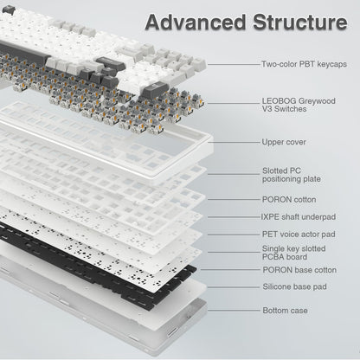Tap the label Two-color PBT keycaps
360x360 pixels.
[304, 64]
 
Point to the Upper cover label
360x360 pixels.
[283, 142]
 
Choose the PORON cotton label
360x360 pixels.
[289, 199]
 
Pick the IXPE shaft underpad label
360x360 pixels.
[298, 216]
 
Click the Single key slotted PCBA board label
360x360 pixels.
[293, 252]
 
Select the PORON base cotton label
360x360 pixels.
[299, 270]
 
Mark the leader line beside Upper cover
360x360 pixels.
[234, 142]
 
